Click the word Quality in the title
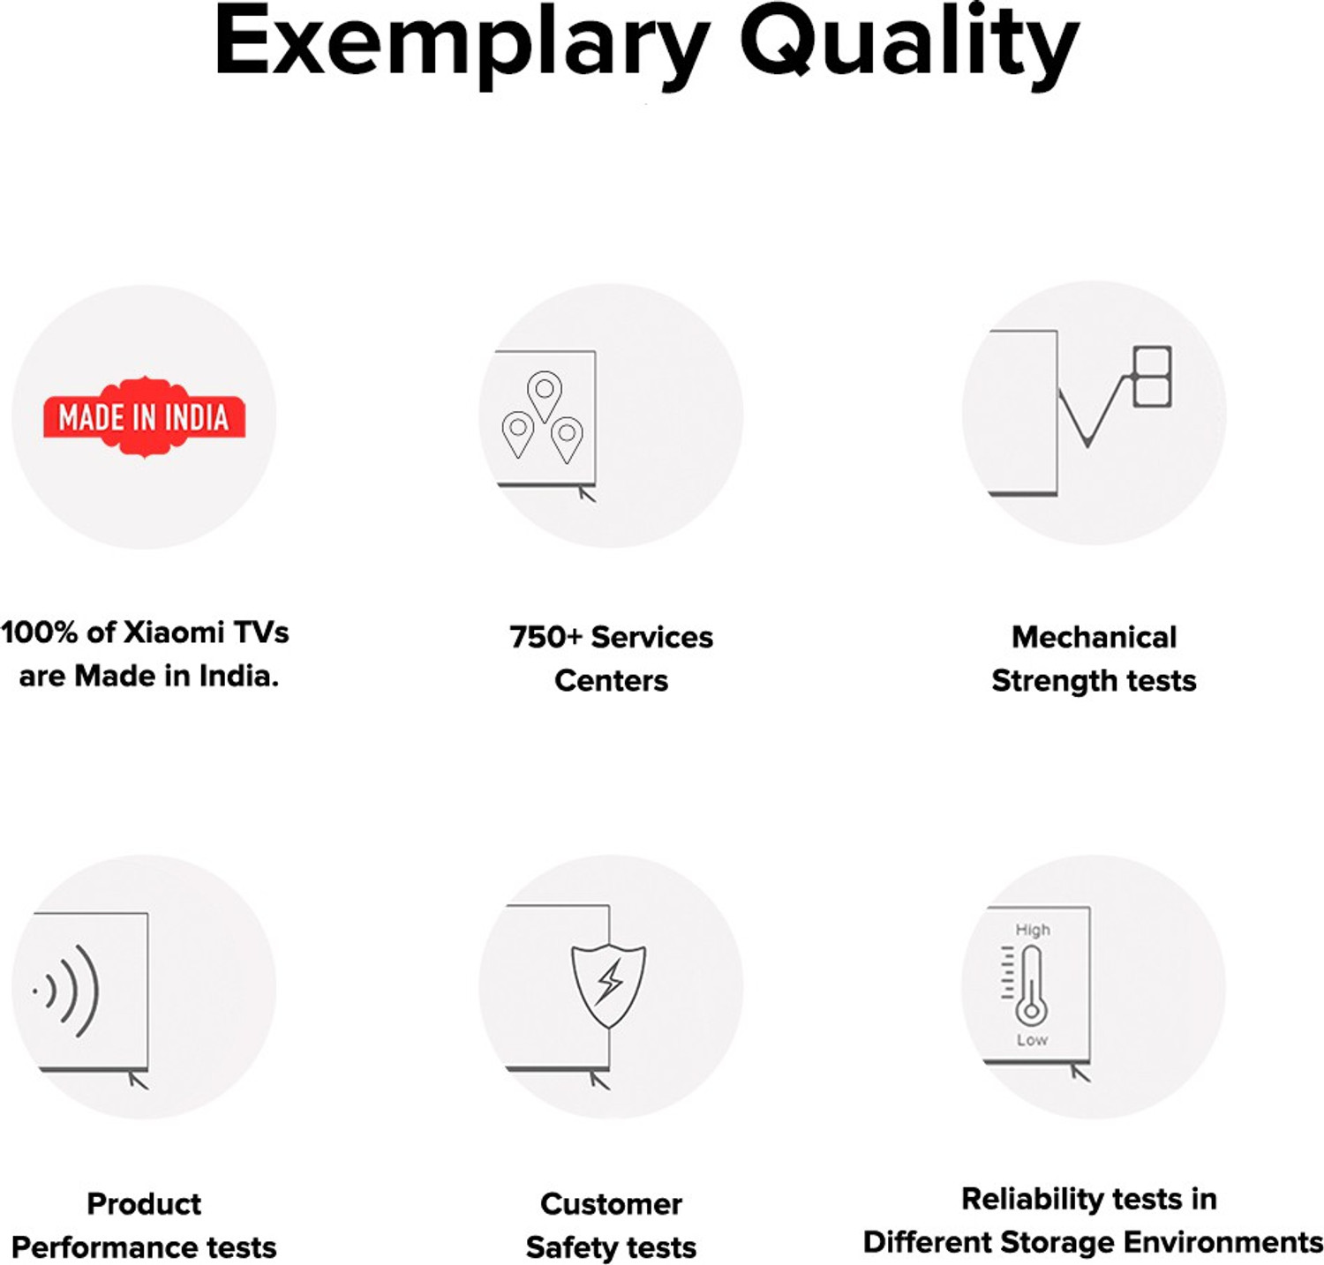[909, 44]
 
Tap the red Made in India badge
[144, 417]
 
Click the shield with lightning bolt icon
[608, 984]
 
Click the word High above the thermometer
[1033, 930]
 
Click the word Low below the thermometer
[1032, 1040]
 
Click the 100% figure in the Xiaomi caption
[40, 632]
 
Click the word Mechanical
[1094, 637]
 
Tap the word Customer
[611, 1204]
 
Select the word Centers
[611, 681]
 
